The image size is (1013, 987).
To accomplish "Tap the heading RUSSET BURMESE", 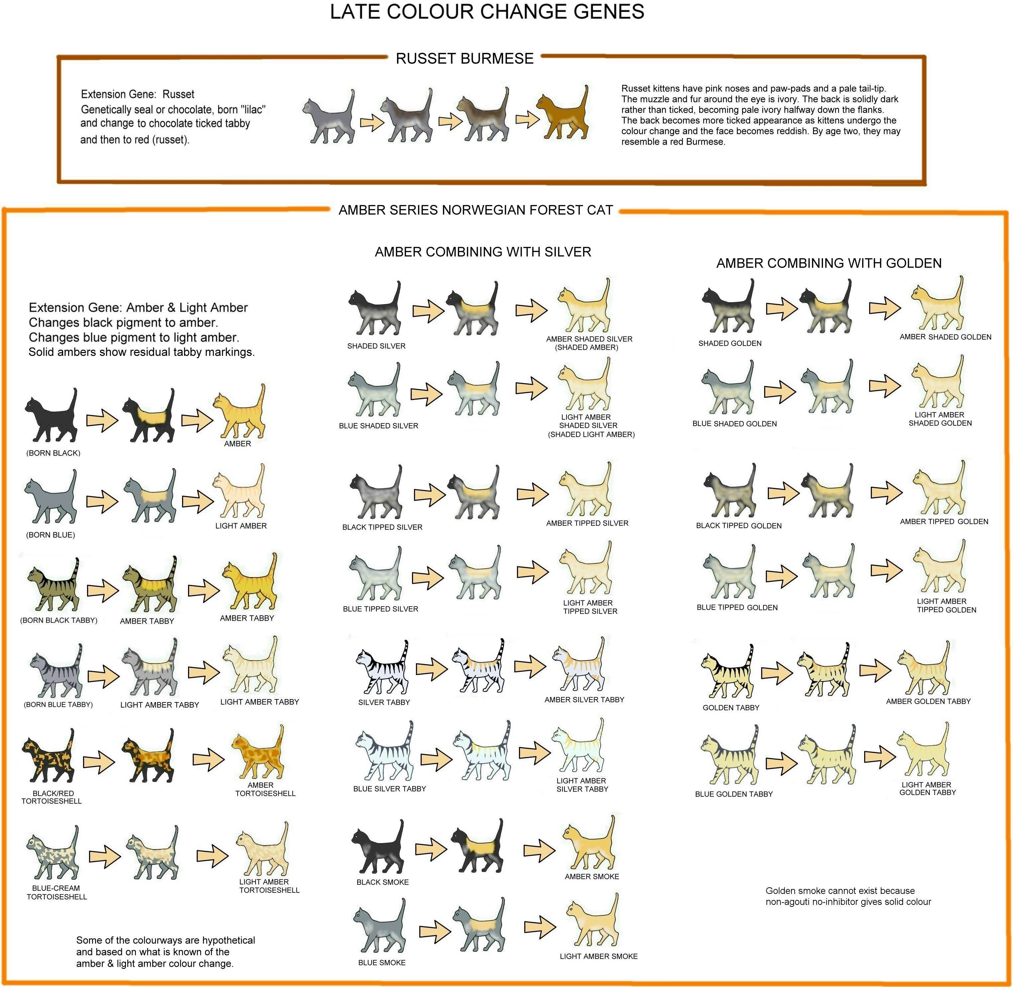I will coord(464,59).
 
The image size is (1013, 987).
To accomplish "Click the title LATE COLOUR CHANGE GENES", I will coord(487,12).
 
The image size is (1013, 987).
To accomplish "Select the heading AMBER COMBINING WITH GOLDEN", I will coord(829,263).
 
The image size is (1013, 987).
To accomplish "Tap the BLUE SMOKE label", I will coord(382,963).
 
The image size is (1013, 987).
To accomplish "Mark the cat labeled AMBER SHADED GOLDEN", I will coord(938,306).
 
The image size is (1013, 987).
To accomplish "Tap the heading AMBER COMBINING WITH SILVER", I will coord(483,252).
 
